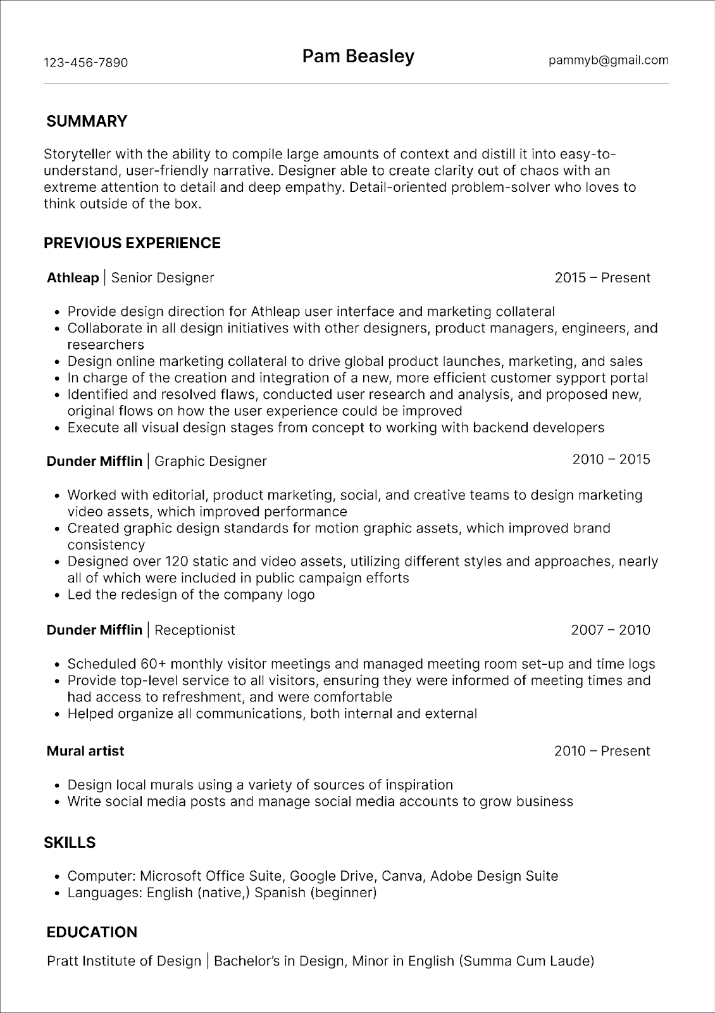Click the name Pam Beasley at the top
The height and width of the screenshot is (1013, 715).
(358, 57)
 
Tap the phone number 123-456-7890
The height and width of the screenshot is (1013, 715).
(85, 63)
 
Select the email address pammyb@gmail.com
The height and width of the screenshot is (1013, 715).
(609, 60)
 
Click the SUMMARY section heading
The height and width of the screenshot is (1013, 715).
(87, 122)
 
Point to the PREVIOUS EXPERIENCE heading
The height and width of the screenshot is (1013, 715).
(132, 243)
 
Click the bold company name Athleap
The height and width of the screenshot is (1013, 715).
(73, 278)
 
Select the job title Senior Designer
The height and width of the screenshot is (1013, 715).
(163, 278)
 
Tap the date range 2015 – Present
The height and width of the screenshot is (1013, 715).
(602, 278)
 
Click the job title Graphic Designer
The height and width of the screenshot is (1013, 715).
(210, 462)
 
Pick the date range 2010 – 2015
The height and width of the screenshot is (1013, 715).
(611, 460)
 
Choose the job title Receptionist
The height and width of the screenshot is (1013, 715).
(194, 630)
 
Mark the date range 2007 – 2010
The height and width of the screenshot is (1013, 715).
(611, 630)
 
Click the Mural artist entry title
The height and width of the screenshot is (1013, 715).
(85, 751)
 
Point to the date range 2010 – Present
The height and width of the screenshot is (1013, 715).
(602, 751)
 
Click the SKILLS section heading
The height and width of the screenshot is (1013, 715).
(70, 843)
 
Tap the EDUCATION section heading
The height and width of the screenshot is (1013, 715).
(92, 932)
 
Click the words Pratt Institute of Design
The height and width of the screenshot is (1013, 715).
(124, 961)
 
